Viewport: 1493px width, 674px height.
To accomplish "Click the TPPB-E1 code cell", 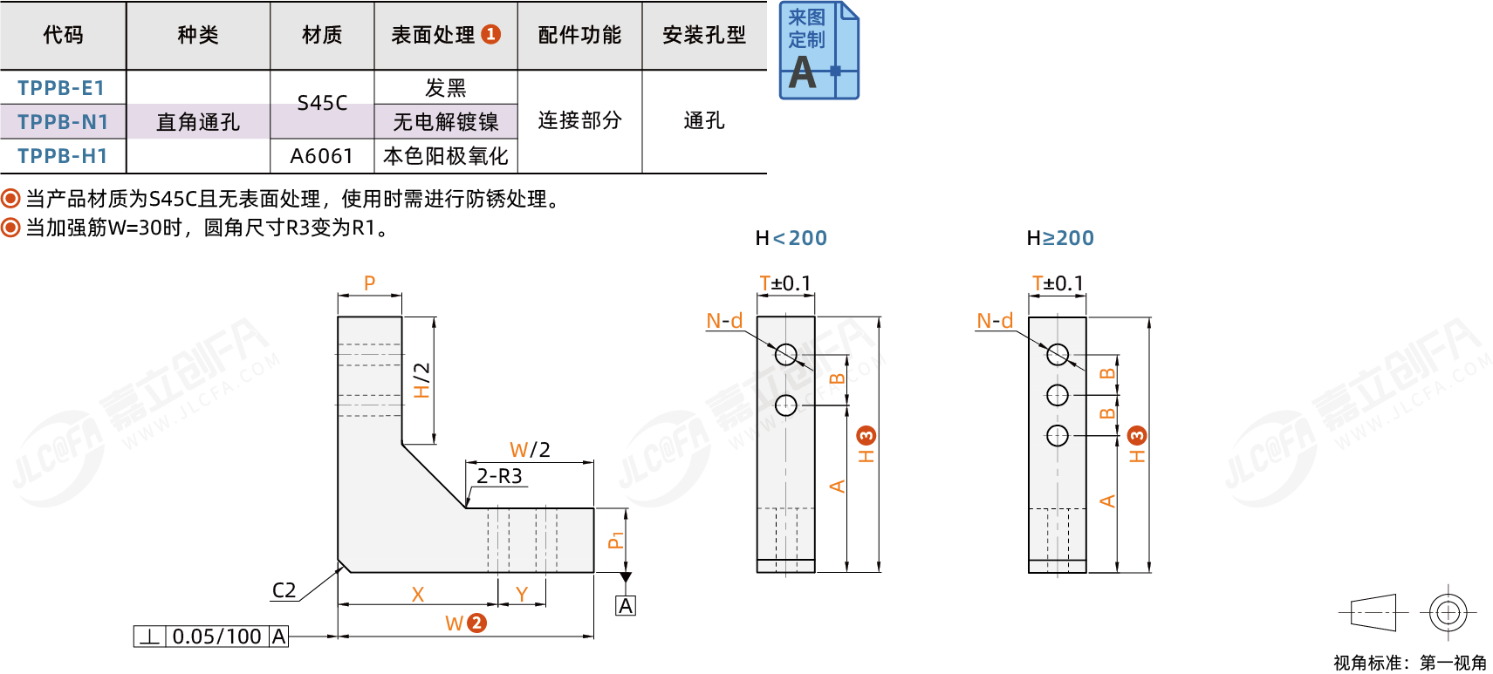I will click(61, 88).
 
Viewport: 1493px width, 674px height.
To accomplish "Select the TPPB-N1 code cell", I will click(63, 122).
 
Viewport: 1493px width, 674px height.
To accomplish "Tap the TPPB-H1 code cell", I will click(63, 156).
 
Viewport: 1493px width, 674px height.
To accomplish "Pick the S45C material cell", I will click(322, 103).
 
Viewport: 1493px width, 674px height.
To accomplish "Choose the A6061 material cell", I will click(322, 156).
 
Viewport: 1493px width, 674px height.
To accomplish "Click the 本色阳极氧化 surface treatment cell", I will click(446, 156).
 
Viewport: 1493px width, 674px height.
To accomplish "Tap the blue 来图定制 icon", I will click(818, 51).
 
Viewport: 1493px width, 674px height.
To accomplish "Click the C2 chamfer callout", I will click(284, 590).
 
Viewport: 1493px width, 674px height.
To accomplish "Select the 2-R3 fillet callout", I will click(499, 476).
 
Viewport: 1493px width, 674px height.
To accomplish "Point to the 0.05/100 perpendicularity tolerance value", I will click(217, 637).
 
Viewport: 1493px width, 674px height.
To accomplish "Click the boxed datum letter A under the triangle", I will click(626, 606).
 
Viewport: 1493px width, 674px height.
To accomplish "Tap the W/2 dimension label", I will click(530, 450).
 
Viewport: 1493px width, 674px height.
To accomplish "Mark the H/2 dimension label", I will click(422, 380).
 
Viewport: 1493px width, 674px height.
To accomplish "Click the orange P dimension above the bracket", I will click(369, 283).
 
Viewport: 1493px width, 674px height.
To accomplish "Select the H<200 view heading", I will click(791, 238).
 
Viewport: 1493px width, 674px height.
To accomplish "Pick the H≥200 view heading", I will click(1060, 238).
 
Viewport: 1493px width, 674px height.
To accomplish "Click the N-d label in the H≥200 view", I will click(995, 321).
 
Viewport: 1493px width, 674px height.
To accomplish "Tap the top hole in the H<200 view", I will click(785, 354).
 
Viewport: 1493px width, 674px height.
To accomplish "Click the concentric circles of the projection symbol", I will click(1448, 612).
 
